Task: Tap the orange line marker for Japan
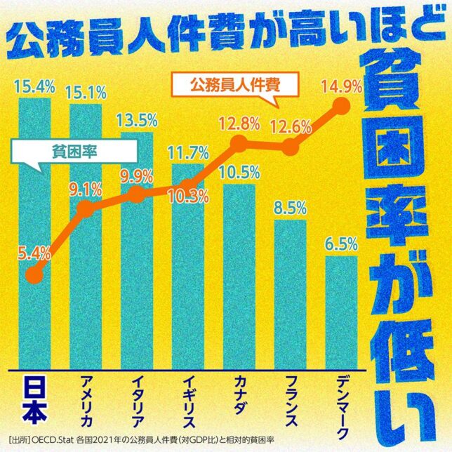coord(34,274)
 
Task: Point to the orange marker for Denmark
coord(342,106)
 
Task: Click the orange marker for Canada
coord(239,144)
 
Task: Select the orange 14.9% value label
coord(340,86)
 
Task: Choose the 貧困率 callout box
coord(74,151)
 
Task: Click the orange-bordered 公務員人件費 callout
coord(234,87)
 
